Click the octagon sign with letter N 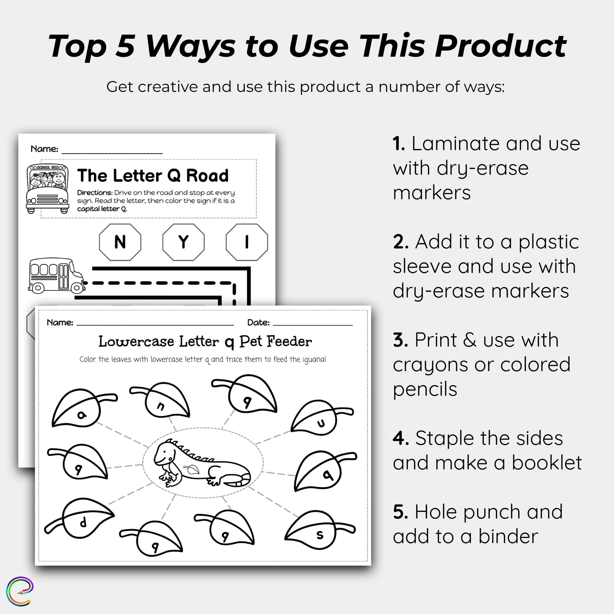coord(120,242)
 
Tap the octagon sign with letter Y coord(183,242)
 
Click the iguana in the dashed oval coord(202,463)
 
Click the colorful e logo coord(20,592)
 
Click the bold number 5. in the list coord(401,512)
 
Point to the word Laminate coord(456,144)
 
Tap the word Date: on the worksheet coord(258,323)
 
